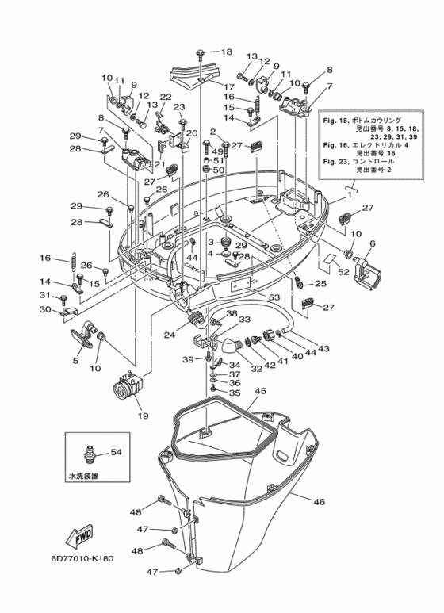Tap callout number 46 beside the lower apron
coord(319,501)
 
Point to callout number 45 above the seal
coord(260,391)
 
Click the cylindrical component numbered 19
coord(128,390)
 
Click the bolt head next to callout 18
coord(201,52)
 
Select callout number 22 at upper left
coord(166,98)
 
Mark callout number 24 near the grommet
coord(170,335)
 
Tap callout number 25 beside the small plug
coord(320,283)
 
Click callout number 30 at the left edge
coord(46,308)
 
